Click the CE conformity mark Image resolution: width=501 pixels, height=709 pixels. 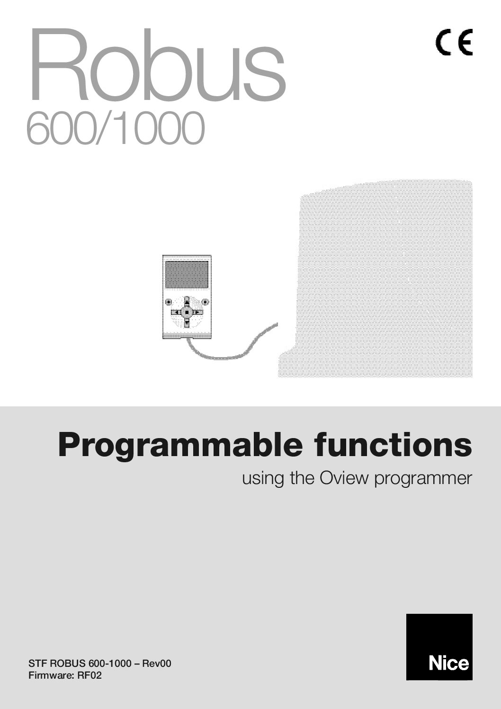tap(454, 43)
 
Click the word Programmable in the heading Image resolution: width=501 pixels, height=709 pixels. tap(180, 446)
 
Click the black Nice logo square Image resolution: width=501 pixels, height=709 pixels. tap(439, 647)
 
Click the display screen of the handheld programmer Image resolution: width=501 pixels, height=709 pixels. tap(187, 276)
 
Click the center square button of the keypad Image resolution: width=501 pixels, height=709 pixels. tap(187, 312)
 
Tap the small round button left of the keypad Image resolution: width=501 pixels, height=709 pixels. tap(168, 302)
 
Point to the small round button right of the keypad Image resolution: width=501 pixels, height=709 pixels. tap(205, 302)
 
